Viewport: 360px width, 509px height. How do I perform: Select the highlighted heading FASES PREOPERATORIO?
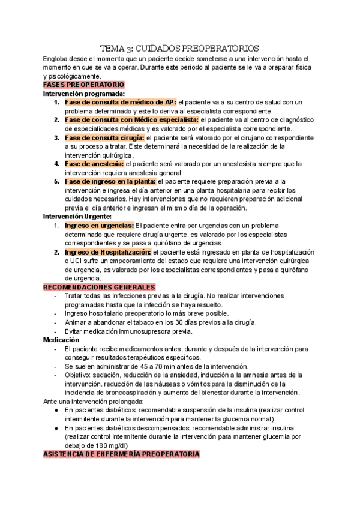click(x=83, y=85)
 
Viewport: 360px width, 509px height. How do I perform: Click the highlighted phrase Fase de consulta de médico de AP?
click(x=121, y=102)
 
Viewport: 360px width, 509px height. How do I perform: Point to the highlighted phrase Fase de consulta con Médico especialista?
click(x=131, y=120)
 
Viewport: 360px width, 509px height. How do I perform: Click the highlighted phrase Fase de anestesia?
click(x=94, y=163)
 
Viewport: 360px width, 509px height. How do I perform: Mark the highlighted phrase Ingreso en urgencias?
click(x=100, y=225)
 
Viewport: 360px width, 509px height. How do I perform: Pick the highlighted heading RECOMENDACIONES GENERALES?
click(x=99, y=287)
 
